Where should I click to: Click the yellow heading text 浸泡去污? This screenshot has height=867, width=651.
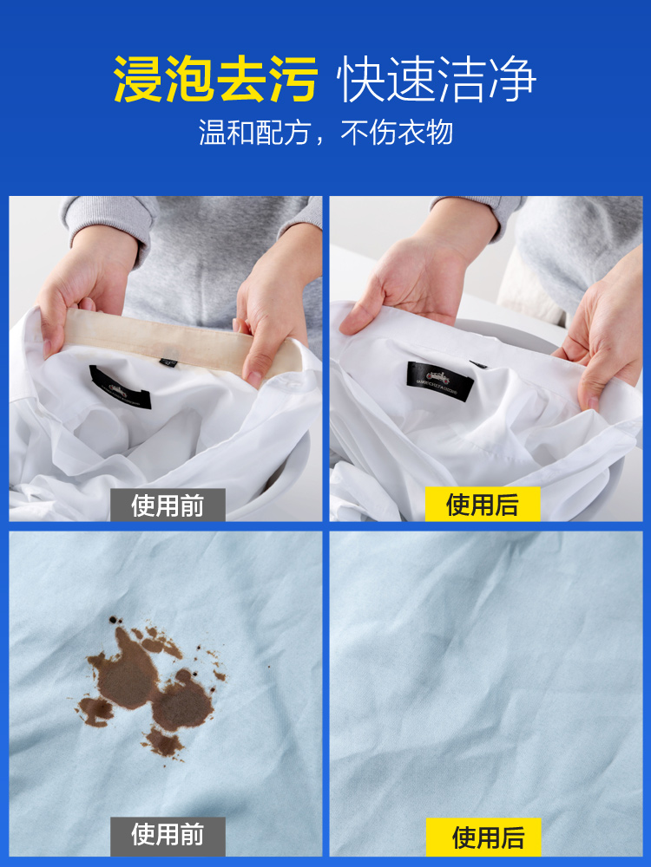tap(215, 80)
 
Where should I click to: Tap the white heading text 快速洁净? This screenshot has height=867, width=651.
tap(437, 80)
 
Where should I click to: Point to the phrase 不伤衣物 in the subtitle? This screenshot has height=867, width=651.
tap(397, 133)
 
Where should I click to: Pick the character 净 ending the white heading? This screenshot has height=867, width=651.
tap(513, 80)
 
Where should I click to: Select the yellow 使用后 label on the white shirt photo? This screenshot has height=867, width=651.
tap(483, 505)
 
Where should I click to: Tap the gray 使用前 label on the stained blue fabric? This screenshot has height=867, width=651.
tap(168, 835)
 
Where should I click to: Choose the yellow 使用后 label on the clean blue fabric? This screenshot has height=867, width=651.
tap(488, 837)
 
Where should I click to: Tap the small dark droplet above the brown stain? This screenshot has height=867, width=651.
tap(113, 620)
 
